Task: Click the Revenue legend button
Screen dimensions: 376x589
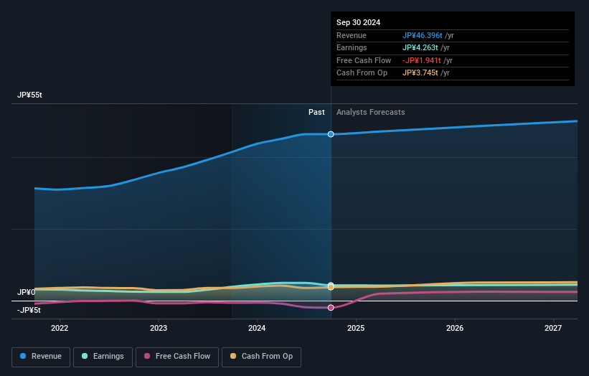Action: click(x=41, y=357)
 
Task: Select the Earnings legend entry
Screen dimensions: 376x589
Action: click(x=103, y=357)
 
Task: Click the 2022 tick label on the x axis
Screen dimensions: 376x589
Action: click(x=60, y=329)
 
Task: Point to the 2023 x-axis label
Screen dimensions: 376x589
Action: click(x=159, y=329)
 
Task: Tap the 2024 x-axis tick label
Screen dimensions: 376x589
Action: click(x=257, y=329)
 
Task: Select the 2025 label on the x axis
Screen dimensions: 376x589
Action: click(x=356, y=329)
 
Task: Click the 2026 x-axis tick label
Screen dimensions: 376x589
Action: click(x=454, y=329)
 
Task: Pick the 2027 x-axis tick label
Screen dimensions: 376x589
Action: click(x=553, y=329)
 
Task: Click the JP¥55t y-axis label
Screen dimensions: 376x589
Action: click(x=30, y=95)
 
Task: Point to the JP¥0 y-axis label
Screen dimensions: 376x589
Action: click(x=27, y=293)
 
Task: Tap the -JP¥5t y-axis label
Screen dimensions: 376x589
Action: click(x=29, y=310)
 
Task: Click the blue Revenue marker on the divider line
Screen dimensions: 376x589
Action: click(x=331, y=134)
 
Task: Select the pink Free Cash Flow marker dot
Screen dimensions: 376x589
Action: click(x=331, y=308)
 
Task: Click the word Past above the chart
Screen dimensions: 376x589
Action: click(x=316, y=112)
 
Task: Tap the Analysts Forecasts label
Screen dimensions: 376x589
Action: click(x=370, y=112)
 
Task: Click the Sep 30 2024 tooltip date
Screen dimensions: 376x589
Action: click(x=358, y=22)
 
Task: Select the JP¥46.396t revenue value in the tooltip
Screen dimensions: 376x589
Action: click(x=423, y=35)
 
